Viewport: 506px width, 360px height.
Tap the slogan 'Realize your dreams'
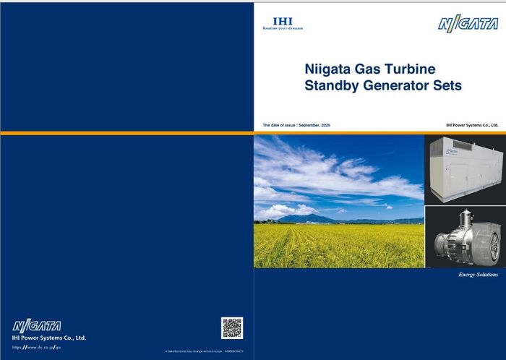tap(283, 28)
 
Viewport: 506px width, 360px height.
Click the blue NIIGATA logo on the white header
tap(468, 24)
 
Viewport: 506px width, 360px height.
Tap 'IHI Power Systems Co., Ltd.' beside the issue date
tap(472, 125)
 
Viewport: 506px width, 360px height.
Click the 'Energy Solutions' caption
tap(478, 275)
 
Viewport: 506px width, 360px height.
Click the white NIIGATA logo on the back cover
tap(37, 326)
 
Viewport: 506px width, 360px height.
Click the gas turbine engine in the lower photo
tap(463, 239)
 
